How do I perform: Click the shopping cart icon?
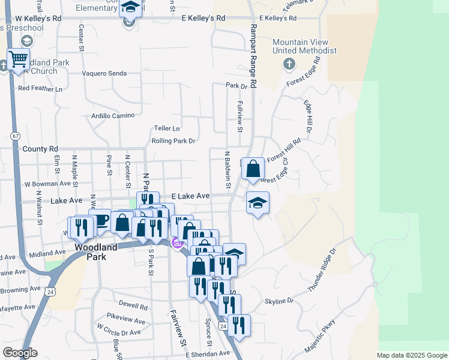pyautogui.click(x=19, y=59)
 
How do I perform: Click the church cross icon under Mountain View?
pyautogui.click(x=289, y=64)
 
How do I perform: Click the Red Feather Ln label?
pyautogui.click(x=40, y=88)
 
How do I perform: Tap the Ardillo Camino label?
pyautogui.click(x=111, y=115)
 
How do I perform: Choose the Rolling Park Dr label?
pyautogui.click(x=173, y=141)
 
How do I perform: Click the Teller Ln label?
pyautogui.click(x=167, y=128)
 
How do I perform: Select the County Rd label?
pyautogui.click(x=40, y=148)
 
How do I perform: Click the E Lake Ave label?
pyautogui.click(x=190, y=196)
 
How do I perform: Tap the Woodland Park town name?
pyautogui.click(x=91, y=251)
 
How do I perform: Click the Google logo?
pyautogui.click(x=20, y=353)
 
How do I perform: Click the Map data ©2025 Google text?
pyautogui.click(x=412, y=355)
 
